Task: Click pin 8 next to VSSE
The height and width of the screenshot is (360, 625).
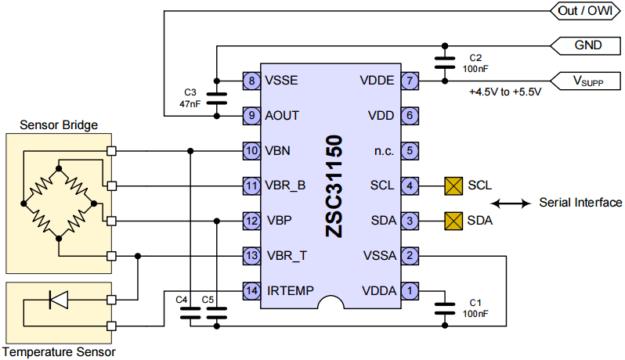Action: pos(251,81)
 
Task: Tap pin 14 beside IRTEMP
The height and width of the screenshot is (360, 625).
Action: pos(251,290)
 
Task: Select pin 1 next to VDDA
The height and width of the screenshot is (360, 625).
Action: pos(408,290)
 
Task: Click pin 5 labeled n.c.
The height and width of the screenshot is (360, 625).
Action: pos(408,150)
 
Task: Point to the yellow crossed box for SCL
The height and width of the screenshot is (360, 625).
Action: pos(453,185)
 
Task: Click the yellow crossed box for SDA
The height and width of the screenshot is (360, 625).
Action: pos(453,221)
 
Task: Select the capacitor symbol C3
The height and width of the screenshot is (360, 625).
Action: pos(215,98)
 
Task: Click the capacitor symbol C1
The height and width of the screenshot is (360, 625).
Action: pos(445,308)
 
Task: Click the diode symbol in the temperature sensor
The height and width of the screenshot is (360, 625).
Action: pos(60,299)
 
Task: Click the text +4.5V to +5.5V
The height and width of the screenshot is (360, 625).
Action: pos(504,93)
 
